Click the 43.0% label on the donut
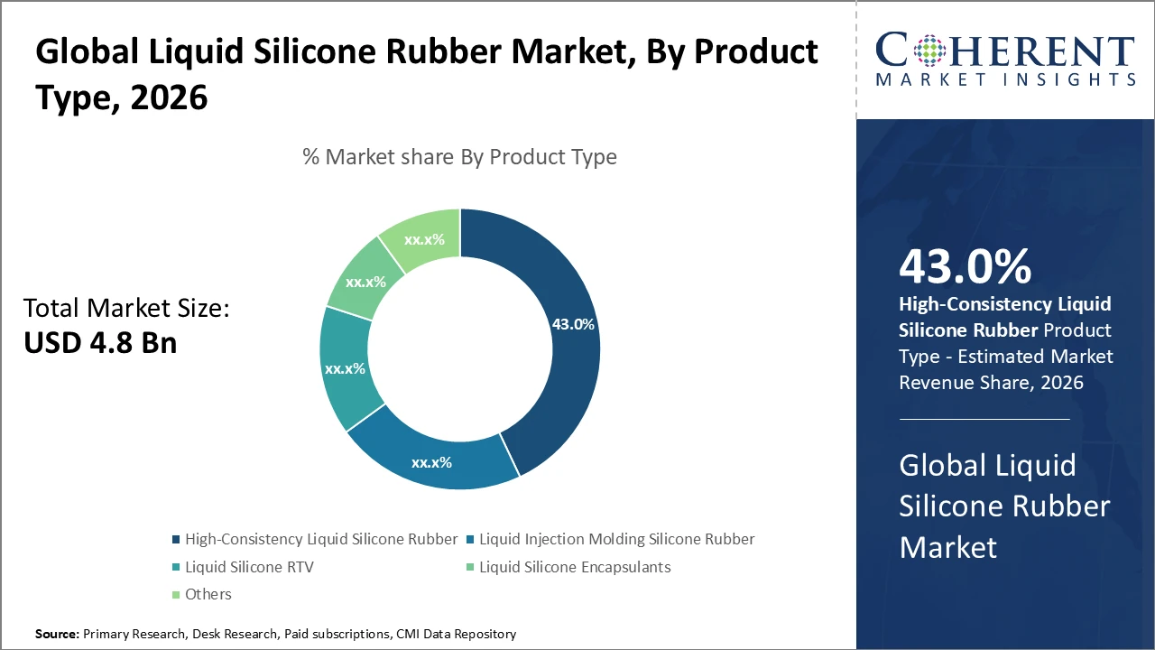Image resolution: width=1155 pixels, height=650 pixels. point(572,324)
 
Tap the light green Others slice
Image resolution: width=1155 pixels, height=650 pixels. point(423,237)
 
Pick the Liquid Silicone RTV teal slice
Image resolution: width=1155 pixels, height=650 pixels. point(344,370)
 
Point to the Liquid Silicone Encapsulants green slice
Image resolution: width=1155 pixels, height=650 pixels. point(365,281)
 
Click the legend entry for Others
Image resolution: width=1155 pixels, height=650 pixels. point(208,594)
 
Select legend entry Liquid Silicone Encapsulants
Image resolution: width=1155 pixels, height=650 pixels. point(574,567)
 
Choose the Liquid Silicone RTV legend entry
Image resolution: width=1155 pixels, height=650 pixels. point(248,567)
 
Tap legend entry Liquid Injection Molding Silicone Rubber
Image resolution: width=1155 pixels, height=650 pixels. point(616,539)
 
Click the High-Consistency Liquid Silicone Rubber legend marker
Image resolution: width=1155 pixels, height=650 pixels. point(175,540)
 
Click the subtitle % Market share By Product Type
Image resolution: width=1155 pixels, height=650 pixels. point(459,156)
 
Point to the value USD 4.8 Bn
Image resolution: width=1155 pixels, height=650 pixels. point(100,343)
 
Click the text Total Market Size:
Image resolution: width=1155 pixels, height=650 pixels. point(127,309)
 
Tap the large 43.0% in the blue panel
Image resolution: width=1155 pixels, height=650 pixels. point(965,267)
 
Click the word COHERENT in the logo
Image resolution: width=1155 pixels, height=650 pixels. point(1005,51)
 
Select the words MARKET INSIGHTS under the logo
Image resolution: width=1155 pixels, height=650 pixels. point(1005,80)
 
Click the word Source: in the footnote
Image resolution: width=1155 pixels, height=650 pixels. point(57,635)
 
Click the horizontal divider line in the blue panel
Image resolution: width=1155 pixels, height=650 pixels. point(984,419)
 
